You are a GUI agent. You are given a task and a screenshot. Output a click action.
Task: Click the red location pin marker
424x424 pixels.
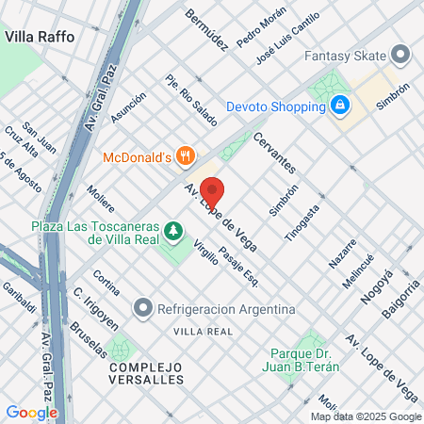(212, 191)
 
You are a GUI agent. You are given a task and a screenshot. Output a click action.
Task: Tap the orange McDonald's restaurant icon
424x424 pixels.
(187, 155)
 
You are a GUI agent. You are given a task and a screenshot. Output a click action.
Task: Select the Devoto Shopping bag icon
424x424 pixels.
(338, 106)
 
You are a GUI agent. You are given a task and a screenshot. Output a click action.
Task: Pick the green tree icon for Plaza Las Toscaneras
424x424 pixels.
(172, 229)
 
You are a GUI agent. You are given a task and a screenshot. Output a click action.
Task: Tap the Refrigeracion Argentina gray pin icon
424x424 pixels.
(142, 308)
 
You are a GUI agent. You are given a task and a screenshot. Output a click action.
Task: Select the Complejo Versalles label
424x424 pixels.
(146, 372)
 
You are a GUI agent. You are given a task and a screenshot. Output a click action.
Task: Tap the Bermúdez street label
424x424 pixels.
(206, 30)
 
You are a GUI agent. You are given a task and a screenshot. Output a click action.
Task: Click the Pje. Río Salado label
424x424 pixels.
(191, 100)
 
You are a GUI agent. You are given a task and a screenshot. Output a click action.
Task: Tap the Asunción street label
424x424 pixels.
(128, 107)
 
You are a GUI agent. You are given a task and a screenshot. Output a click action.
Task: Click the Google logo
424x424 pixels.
(31, 412)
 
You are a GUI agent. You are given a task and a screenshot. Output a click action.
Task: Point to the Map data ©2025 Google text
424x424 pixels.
(367, 416)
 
